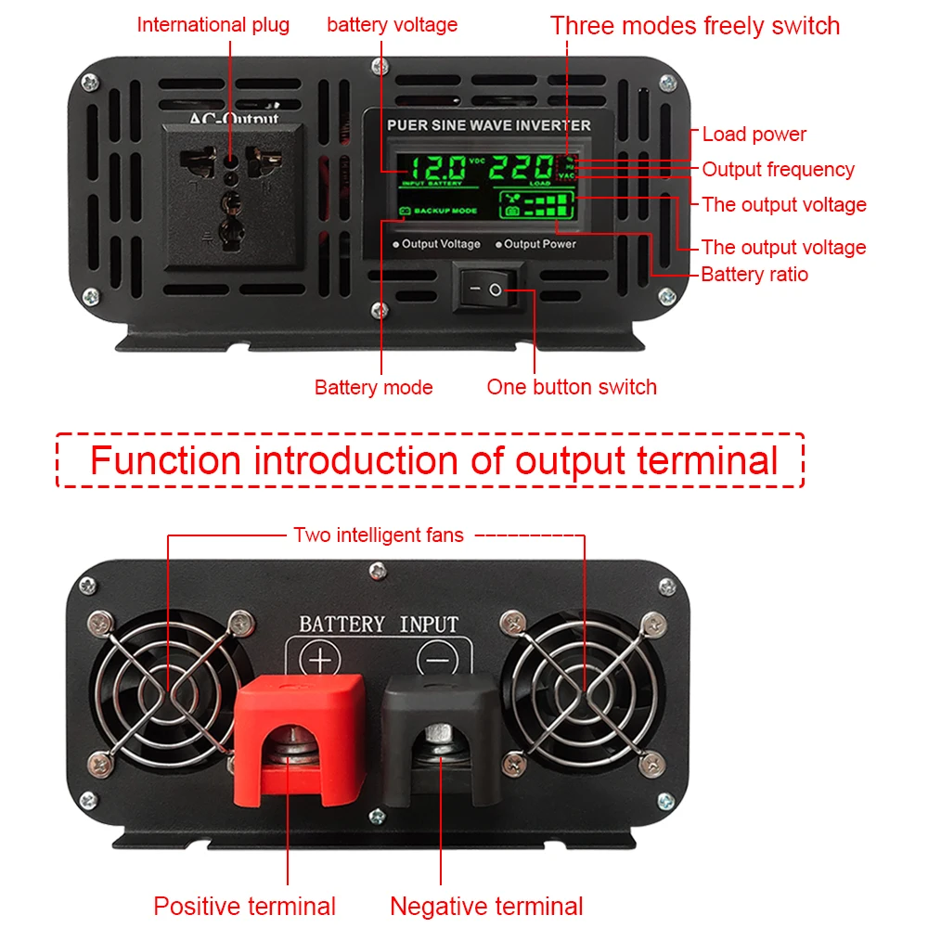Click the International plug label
pos(213,25)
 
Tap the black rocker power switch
pos(488,290)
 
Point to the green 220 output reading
pos(520,169)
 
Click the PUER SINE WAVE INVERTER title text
pos(489,125)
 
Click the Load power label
pos(754,135)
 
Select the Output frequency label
pos(778,170)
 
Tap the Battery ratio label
pos(754,275)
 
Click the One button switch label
pos(572,387)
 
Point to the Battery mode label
pos(373,387)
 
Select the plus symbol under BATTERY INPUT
pos(319,661)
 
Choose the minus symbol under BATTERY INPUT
pos(436,661)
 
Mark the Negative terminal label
pos(486,906)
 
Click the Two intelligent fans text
pos(379,535)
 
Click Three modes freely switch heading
pos(694,25)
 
